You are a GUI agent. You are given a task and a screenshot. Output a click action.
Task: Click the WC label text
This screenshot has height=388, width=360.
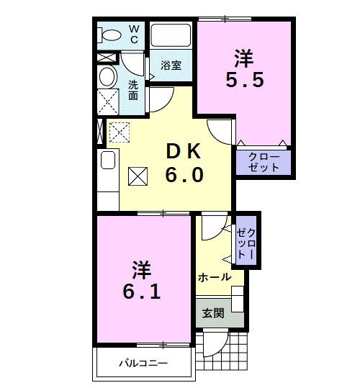tap(134, 34)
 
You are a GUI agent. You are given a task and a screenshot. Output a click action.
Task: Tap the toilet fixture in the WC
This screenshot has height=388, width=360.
tap(112, 35)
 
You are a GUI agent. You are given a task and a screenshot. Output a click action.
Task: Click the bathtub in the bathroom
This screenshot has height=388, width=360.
tap(171, 35)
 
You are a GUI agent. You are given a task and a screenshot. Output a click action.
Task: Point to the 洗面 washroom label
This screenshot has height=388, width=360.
tap(134, 89)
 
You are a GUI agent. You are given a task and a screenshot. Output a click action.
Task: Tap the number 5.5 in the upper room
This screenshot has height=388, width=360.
tap(244, 78)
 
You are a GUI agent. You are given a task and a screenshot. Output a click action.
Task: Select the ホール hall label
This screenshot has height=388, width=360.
tap(214, 277)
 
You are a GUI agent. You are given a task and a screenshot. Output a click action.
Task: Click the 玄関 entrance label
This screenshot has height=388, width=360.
tap(212, 313)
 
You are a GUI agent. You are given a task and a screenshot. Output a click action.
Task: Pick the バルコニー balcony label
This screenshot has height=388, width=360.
tap(143, 364)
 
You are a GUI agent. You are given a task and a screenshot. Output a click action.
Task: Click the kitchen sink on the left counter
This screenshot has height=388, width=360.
tap(107, 160)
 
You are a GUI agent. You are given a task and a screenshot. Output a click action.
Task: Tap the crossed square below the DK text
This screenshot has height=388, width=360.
tap(138, 175)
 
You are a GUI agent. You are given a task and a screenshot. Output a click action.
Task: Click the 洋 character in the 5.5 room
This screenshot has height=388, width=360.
tap(244, 55)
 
